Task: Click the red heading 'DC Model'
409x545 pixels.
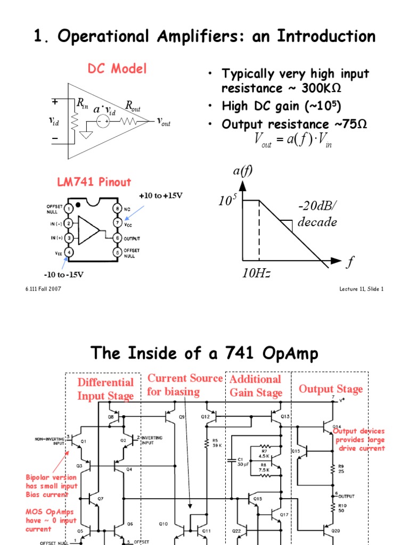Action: click(117, 69)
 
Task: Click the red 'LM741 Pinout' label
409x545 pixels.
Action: click(94, 182)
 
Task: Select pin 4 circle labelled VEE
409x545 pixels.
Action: click(69, 252)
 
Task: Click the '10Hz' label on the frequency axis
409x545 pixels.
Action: click(256, 274)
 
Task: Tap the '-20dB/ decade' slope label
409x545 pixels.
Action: click(317, 214)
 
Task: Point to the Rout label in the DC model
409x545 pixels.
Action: click(133, 106)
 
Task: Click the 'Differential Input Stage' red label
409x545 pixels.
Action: click(105, 389)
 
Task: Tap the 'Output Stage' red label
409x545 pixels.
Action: click(330, 389)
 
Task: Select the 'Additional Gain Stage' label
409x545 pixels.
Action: click(255, 386)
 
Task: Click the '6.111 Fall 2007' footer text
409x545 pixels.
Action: click(43, 289)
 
